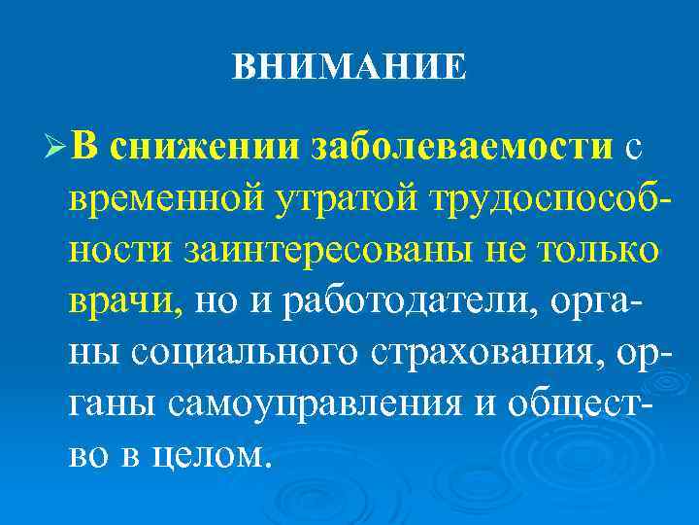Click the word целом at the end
[x=219, y=454]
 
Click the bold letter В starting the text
[x=83, y=146]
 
